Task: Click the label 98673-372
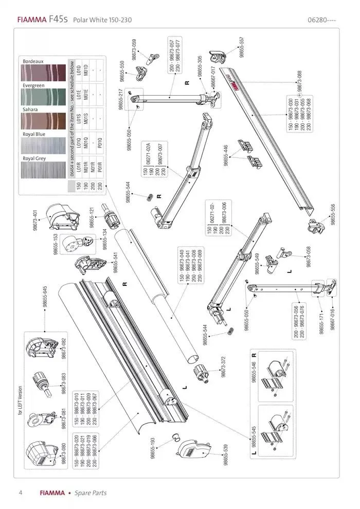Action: click(x=223, y=368)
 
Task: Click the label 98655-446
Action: click(x=225, y=155)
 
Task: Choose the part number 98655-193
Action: click(x=153, y=449)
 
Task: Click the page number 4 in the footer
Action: click(x=20, y=493)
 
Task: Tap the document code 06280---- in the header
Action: click(x=321, y=20)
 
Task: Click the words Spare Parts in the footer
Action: click(x=91, y=493)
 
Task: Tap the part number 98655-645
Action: click(x=45, y=297)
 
